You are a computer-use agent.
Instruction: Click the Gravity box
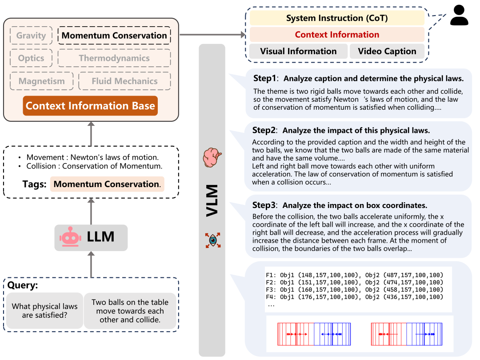pyautogui.click(x=31, y=36)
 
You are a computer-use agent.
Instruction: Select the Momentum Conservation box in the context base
pyautogui.click(x=114, y=36)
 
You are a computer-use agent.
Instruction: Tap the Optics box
pyautogui.click(x=31, y=58)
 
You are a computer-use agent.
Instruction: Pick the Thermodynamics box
pyautogui.click(x=114, y=58)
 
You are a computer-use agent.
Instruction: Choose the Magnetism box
pyautogui.click(x=42, y=81)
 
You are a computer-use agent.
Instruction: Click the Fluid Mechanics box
pyautogui.click(x=124, y=81)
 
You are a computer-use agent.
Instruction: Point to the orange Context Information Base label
pyautogui.click(x=90, y=106)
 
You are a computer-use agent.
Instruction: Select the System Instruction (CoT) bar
pyautogui.click(x=337, y=18)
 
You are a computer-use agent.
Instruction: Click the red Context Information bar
pyautogui.click(x=337, y=35)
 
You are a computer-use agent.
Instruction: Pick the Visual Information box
pyautogui.click(x=298, y=51)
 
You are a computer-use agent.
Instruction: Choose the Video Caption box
pyautogui.click(x=387, y=51)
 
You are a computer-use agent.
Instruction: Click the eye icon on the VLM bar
pyautogui.click(x=212, y=240)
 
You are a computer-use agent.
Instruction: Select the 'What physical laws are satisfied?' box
pyautogui.click(x=44, y=311)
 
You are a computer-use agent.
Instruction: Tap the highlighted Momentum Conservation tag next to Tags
pyautogui.click(x=107, y=184)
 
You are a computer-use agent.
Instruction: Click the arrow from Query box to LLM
pyautogui.click(x=91, y=264)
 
